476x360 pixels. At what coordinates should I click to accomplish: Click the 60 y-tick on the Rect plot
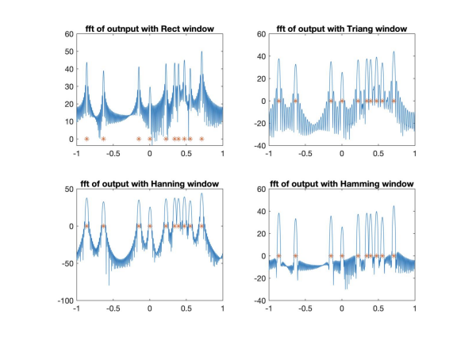pos(69,35)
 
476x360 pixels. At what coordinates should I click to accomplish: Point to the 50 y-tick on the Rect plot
pos(69,52)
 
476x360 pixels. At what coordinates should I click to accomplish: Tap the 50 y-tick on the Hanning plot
pos(69,189)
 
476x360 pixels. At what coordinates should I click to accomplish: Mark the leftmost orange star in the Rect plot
pos(86,139)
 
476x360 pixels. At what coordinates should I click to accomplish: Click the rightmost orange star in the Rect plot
pos(202,139)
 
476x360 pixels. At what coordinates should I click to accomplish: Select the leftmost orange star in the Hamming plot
pos(279,256)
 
